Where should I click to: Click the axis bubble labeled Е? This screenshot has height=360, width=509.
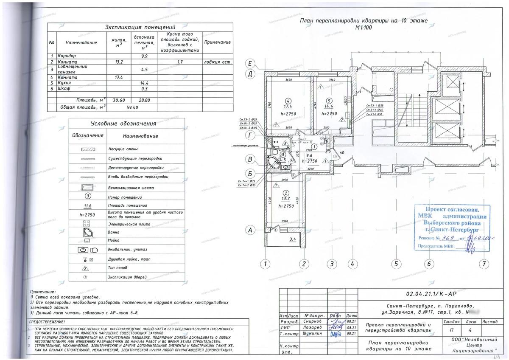pyautogui.click(x=251, y=65)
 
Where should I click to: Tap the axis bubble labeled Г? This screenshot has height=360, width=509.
pyautogui.click(x=251, y=136)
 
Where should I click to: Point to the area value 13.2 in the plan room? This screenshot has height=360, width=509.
pyautogui.click(x=285, y=199)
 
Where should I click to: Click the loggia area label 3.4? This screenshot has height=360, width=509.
pyautogui.click(x=293, y=239)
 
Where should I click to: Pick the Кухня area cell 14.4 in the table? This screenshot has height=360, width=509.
pyautogui.click(x=144, y=83)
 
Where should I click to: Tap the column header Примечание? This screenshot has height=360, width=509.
pyautogui.click(x=217, y=42)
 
